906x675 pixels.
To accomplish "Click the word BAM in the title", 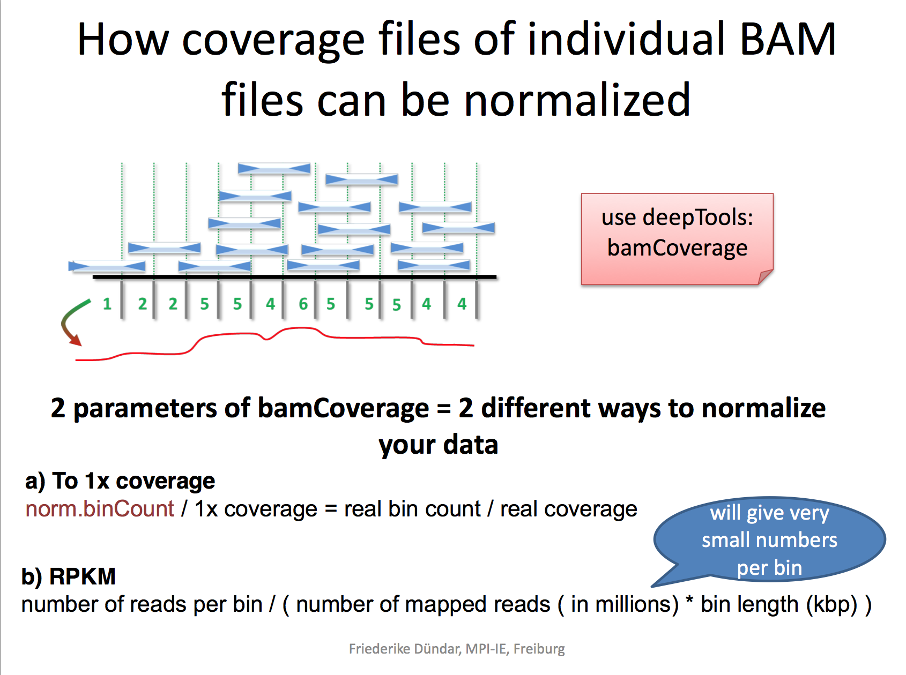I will pos(788,40).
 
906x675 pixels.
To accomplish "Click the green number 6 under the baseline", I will pos(303,304).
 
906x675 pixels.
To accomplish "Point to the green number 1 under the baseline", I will pos(107,304).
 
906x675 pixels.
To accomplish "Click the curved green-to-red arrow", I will pos(72,321).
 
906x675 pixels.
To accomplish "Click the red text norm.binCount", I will pos(100,509).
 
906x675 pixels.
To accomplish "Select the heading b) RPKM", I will pos(69,576).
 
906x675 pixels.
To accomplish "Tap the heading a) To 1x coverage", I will pos(120,481).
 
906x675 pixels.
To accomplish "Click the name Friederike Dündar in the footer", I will pos(404,649).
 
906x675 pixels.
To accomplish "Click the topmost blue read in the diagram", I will pos(274,168).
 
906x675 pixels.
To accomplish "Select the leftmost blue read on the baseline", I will pos(107,266).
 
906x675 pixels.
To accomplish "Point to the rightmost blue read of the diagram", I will pos(458,228).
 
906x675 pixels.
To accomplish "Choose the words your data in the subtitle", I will pos(438,445).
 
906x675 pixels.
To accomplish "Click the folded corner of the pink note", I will pos(765,276).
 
